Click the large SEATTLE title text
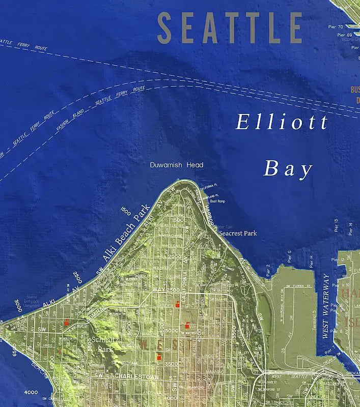point(230,28)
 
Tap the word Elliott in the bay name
point(282,123)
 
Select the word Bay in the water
point(288,169)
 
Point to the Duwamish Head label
point(177,165)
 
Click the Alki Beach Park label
point(126,233)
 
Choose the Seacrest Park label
point(237,234)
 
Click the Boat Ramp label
point(217,201)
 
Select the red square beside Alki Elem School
point(66,322)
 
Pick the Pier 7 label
point(333,349)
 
